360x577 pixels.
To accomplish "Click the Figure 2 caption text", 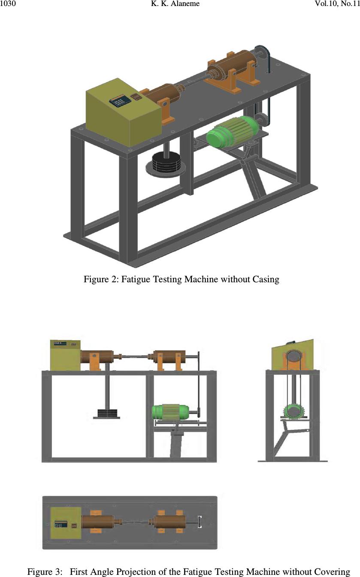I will [x=181, y=280].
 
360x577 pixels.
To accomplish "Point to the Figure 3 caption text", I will [x=189, y=572].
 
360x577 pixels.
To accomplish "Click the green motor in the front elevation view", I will [x=170, y=412].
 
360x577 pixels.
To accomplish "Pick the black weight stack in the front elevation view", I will [x=107, y=414].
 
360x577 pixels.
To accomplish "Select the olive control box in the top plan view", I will [x=66, y=523].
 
